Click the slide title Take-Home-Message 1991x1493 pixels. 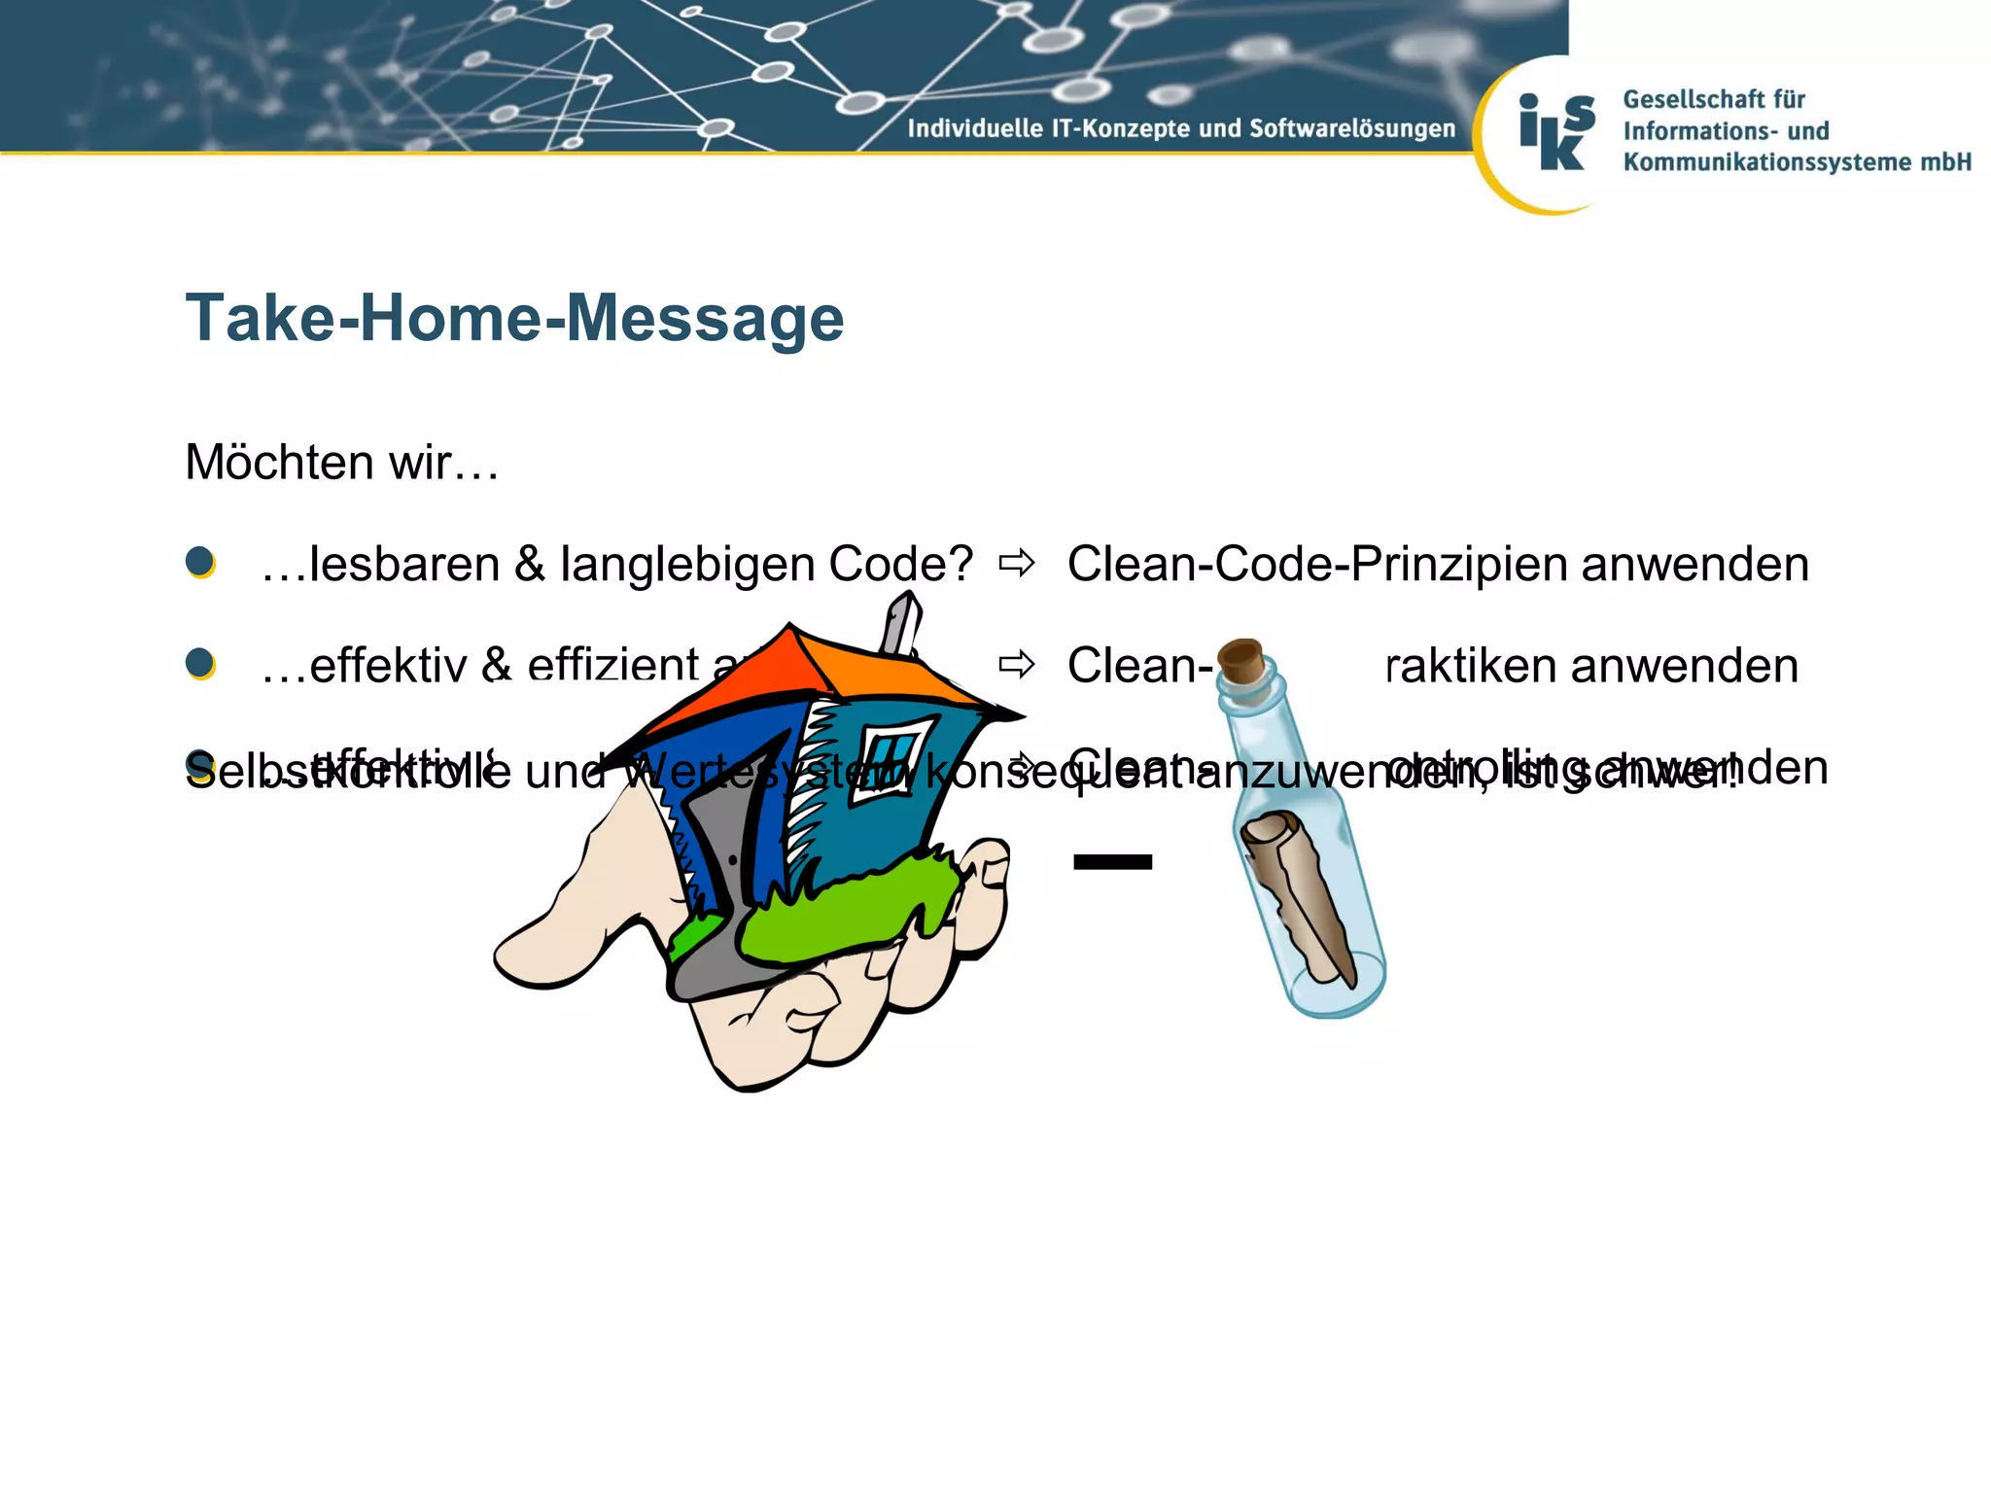tap(514, 318)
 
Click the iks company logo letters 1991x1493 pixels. tap(1556, 132)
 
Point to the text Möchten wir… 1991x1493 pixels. tap(342, 462)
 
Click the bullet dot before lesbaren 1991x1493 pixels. tap(200, 562)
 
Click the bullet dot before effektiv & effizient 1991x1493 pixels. tap(200, 664)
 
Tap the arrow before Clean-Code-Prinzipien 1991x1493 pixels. tap(1017, 563)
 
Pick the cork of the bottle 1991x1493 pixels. tap(1240, 660)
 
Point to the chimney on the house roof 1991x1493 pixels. tap(900, 623)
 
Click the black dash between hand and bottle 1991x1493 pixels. tap(1112, 861)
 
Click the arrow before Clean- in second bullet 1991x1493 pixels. tap(1017, 665)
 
